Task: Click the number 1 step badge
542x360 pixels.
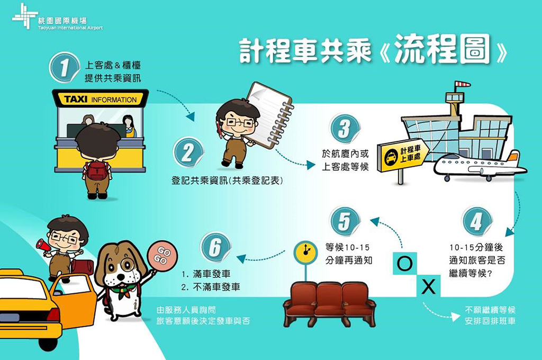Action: tap(64, 67)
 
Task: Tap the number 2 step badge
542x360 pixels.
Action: tap(188, 152)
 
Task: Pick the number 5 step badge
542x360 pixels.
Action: tap(345, 221)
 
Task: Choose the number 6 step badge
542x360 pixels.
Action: tap(215, 247)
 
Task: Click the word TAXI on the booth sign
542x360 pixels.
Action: tap(76, 100)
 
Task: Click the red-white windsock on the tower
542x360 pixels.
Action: tap(463, 84)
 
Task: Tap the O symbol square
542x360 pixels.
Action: tap(405, 264)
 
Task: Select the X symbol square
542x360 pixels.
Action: tap(429, 286)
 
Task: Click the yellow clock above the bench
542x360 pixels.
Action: tap(305, 252)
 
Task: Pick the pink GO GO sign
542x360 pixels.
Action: tap(162, 256)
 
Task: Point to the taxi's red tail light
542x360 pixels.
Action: tap(53, 314)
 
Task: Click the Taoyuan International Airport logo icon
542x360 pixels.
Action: tap(25, 16)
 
